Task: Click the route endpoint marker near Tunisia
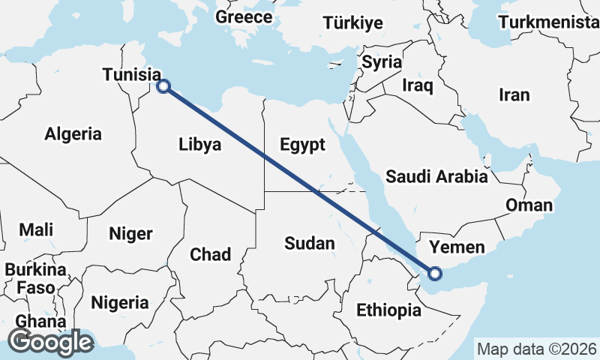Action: click(x=163, y=86)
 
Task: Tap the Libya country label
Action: click(x=200, y=144)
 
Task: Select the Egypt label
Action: click(x=301, y=144)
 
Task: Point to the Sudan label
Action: click(x=310, y=243)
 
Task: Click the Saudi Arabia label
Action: click(x=436, y=177)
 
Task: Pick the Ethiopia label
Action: click(x=388, y=310)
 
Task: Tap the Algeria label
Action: click(x=73, y=134)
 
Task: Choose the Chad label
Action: click(x=211, y=254)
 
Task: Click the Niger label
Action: click(x=130, y=233)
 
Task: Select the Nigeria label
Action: click(x=120, y=303)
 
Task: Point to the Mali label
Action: click(x=36, y=229)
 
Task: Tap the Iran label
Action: click(x=514, y=94)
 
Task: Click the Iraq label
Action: click(x=418, y=85)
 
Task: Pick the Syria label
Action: click(x=382, y=62)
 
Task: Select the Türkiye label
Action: click(x=353, y=23)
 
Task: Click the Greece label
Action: click(x=244, y=16)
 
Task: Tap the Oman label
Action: click(x=529, y=205)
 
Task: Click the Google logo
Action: click(x=50, y=342)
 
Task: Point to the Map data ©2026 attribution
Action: click(x=537, y=349)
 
